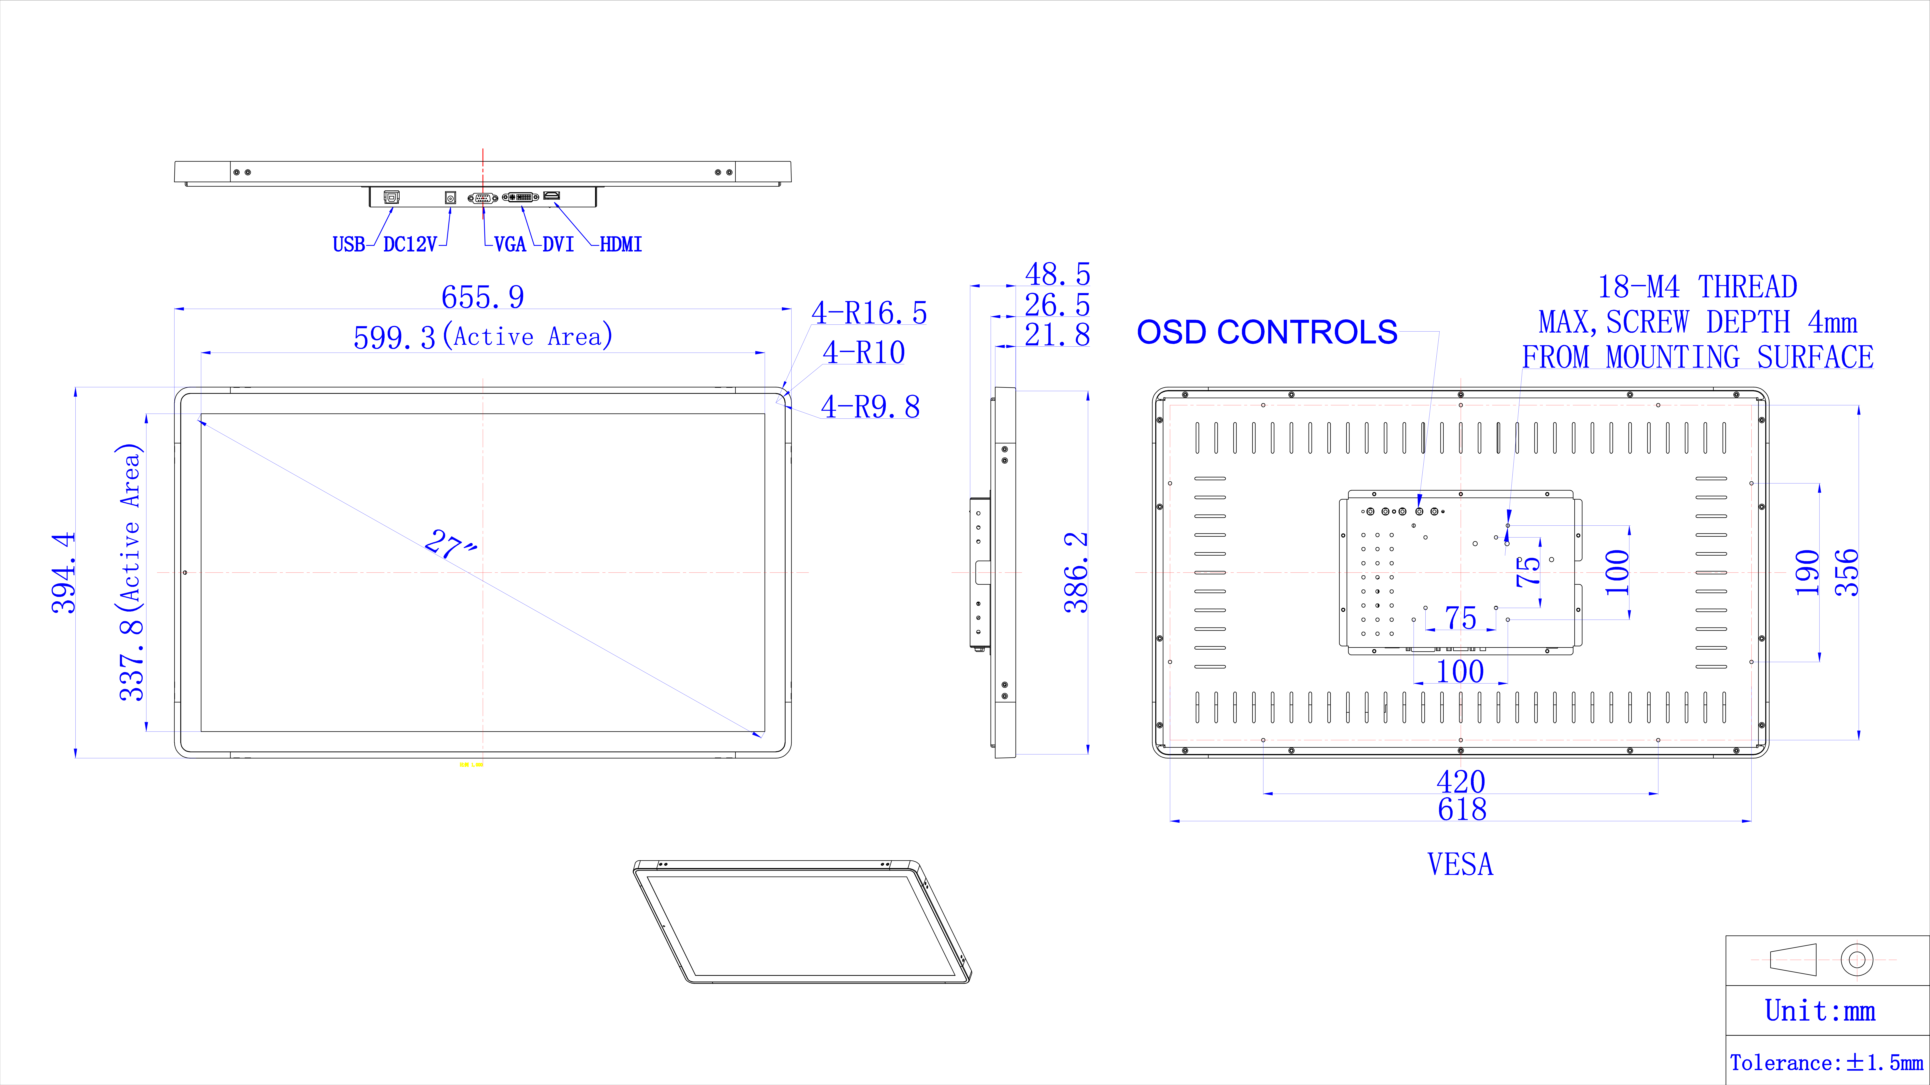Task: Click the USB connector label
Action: click(x=348, y=244)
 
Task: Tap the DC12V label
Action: click(x=410, y=244)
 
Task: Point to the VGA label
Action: click(x=510, y=244)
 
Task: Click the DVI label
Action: click(x=558, y=244)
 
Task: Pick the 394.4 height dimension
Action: click(x=64, y=573)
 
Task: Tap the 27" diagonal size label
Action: click(x=450, y=545)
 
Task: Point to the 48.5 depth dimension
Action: click(x=1057, y=274)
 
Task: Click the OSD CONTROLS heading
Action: click(x=1267, y=332)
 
